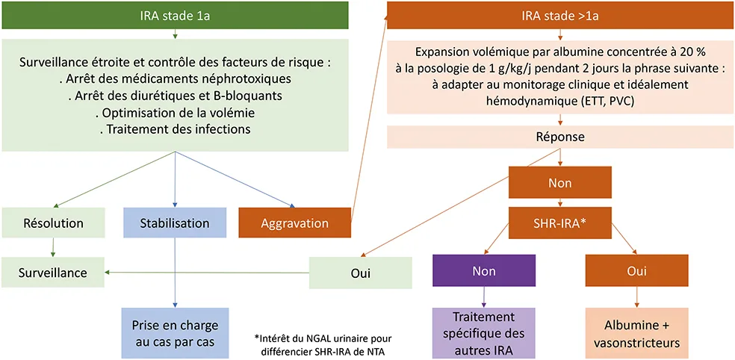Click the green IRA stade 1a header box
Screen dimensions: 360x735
click(x=174, y=15)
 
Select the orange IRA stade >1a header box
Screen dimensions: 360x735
click(x=559, y=15)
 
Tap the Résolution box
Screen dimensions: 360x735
click(x=53, y=223)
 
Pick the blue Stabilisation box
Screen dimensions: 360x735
click(x=174, y=223)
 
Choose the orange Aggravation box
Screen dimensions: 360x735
click(x=295, y=223)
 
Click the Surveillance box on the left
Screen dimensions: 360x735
click(x=53, y=273)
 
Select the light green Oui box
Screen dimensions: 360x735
click(x=361, y=273)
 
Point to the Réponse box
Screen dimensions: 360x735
click(x=560, y=137)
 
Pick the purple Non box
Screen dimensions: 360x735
click(x=484, y=270)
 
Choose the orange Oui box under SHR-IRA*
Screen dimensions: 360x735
click(x=636, y=270)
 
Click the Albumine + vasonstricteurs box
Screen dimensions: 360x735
click(x=636, y=334)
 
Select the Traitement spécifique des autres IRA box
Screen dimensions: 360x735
click(x=484, y=334)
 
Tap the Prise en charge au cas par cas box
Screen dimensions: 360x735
click(x=174, y=334)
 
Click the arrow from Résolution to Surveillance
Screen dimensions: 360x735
click(x=53, y=247)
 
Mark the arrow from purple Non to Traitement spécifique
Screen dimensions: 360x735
click(x=484, y=297)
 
